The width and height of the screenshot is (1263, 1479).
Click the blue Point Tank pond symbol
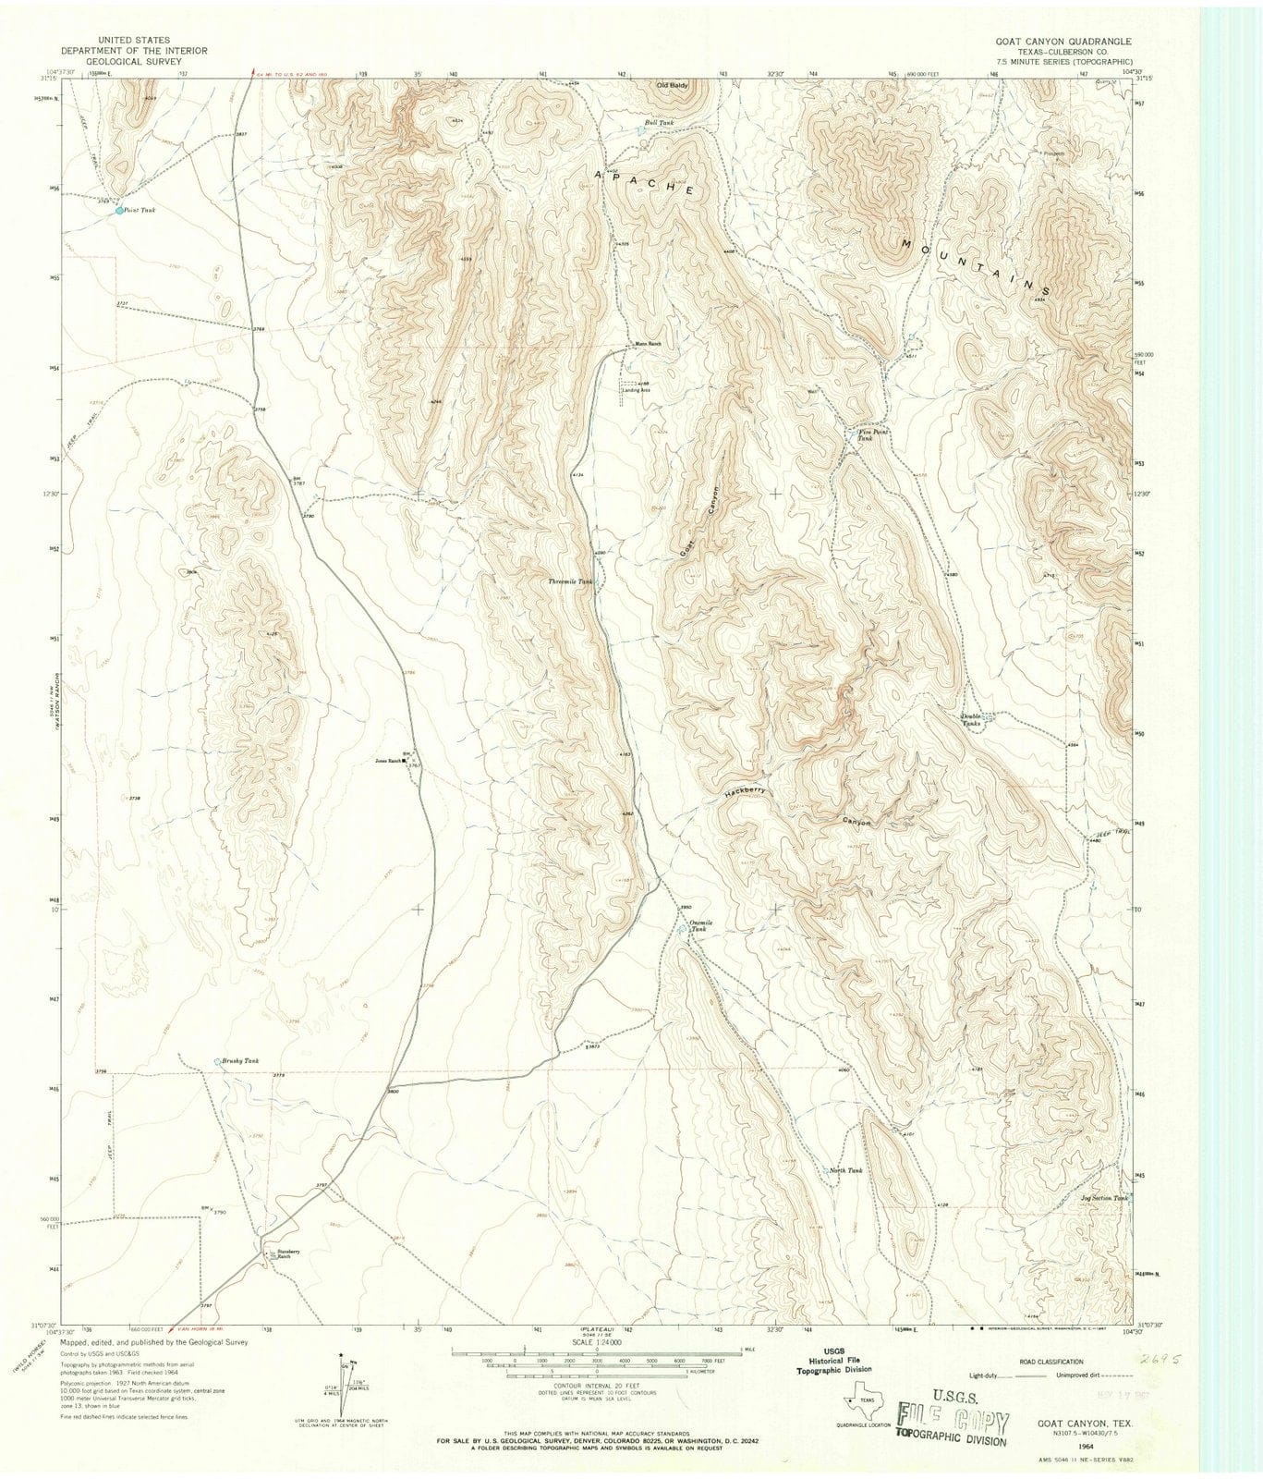click(119, 211)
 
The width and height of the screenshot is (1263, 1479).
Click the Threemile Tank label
click(569, 581)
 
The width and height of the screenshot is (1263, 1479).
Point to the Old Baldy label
click(672, 85)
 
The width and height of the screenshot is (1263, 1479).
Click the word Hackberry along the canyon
click(746, 792)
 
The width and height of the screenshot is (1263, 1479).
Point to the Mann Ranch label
click(648, 345)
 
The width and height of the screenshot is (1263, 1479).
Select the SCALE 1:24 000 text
click(597, 1341)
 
